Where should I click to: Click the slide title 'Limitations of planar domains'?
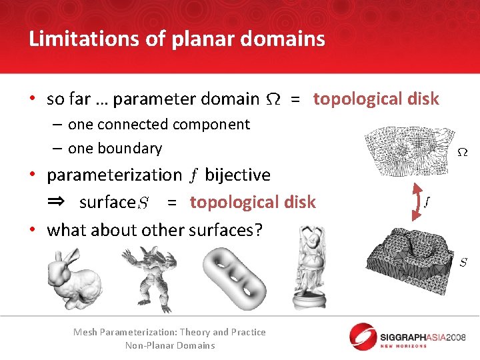177,39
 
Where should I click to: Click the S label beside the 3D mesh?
463,263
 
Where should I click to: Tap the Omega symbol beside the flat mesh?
461,153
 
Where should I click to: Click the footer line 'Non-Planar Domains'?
170,345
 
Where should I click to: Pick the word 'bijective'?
237,175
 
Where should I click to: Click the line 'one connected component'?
159,125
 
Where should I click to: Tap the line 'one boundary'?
115,148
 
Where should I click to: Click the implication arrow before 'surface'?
57,202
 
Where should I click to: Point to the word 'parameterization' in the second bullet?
114,175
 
